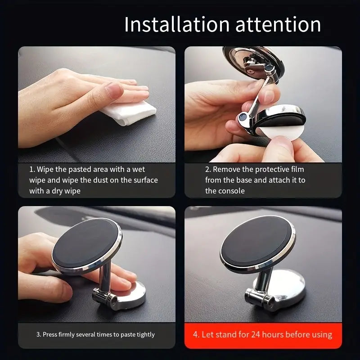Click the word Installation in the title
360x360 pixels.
click(177, 24)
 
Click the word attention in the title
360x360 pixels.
click(278, 25)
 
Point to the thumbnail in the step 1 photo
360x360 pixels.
click(114, 90)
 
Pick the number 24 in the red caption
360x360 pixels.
click(255, 334)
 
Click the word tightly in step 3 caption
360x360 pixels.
click(145, 334)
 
